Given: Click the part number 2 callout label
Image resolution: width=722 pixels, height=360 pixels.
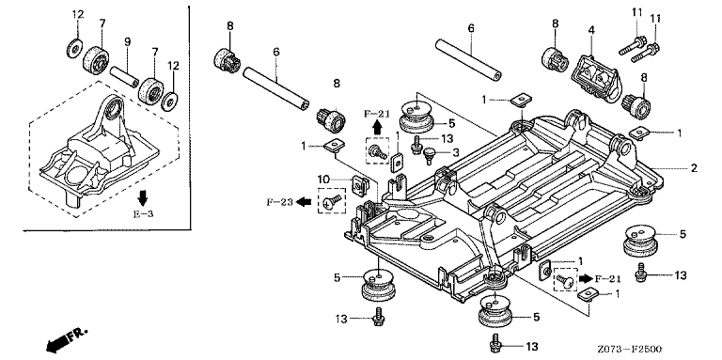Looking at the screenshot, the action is point(694,168).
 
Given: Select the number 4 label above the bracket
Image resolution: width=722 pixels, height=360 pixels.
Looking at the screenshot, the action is point(590,30).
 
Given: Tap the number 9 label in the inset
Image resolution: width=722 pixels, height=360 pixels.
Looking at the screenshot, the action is point(127,42).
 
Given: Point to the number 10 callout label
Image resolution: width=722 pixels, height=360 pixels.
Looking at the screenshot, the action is point(323,179).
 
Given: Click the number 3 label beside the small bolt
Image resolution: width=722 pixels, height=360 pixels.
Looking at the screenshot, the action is point(455,152).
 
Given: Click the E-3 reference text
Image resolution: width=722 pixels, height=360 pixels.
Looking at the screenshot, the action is point(142,213).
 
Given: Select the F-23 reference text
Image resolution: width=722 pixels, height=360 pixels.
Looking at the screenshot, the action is point(279,202).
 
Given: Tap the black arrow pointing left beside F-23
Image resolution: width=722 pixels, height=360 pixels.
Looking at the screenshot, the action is point(304,201).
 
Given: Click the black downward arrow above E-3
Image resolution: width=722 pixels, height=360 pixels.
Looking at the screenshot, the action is point(142,198).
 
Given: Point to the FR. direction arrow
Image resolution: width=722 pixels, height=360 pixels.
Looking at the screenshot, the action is point(66,338).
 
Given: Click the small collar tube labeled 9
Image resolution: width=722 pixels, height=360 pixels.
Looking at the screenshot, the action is point(124,76).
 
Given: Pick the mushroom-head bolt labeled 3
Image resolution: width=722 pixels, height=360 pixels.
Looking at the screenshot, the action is point(429,155).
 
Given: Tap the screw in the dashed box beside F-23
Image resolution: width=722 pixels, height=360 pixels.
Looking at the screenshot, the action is point(332,201).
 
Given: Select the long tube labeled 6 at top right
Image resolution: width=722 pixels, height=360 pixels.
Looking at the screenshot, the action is point(468,60).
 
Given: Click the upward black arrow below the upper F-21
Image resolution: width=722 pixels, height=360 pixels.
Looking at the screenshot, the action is point(377,127).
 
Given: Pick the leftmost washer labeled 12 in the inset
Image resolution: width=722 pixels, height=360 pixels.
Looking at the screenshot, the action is point(74,49).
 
